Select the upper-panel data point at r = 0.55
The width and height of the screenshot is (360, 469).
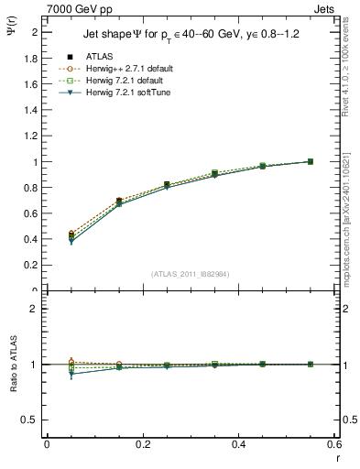310,161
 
